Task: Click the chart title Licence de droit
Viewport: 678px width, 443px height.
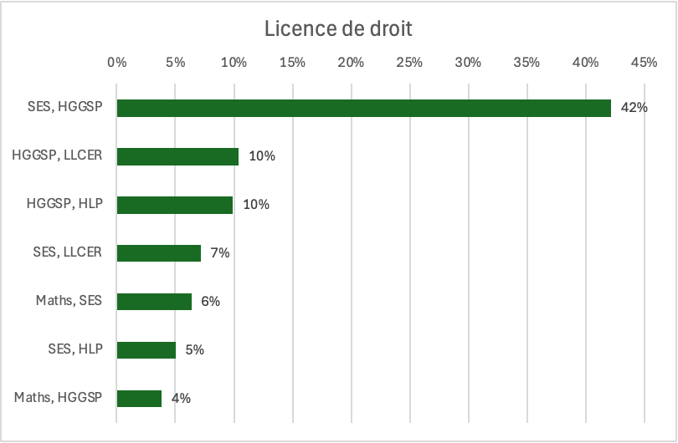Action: coord(338,28)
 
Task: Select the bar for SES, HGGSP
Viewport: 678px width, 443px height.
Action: coord(364,108)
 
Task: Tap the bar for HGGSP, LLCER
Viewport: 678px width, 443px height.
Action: coord(177,156)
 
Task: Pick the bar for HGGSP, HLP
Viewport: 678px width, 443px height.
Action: coord(175,205)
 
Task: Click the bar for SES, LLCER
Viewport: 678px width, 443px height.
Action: coord(159,253)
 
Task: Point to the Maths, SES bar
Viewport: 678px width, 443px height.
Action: coord(154,302)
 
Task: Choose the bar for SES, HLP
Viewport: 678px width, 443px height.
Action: coord(146,350)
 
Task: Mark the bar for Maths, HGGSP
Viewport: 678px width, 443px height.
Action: coord(139,399)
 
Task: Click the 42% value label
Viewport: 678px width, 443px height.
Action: coord(634,108)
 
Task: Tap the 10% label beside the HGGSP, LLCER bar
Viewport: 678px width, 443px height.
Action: coord(262,156)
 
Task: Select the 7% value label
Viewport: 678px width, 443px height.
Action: coord(219,253)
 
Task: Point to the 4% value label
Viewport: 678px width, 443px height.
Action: coord(181,399)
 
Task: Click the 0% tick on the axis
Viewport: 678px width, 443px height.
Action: coord(116,62)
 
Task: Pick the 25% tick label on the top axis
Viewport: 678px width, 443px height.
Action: coord(409,62)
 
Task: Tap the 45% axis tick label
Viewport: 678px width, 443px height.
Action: coord(644,62)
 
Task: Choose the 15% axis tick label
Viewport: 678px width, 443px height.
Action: coord(292,62)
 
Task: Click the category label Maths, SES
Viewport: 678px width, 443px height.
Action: coord(69,301)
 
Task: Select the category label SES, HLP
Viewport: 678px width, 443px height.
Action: coord(75,349)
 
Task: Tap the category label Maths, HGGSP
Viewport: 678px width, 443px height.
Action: coord(58,398)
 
